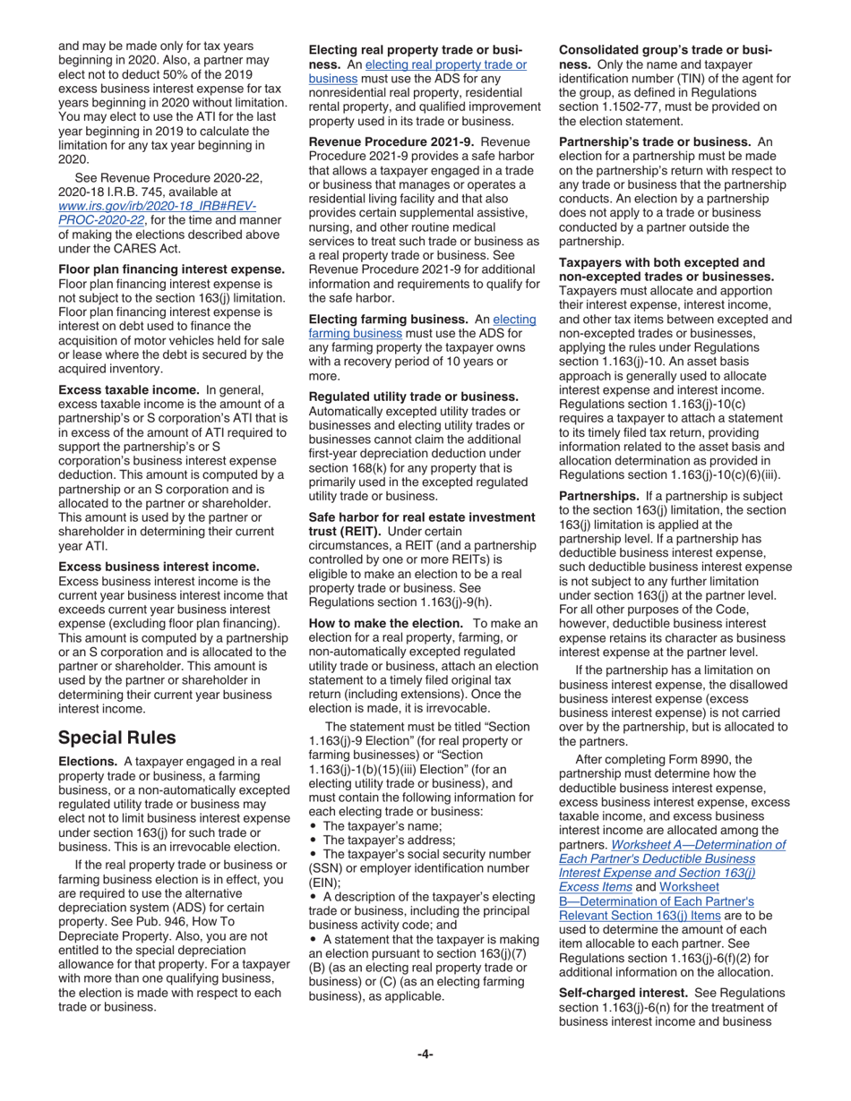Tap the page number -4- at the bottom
point(425,1054)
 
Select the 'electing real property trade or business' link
point(419,71)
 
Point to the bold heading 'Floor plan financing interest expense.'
point(171,269)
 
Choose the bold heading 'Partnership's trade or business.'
point(654,142)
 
